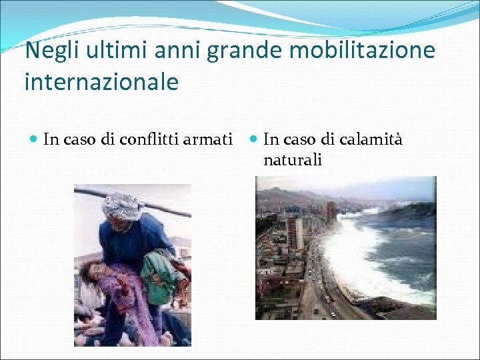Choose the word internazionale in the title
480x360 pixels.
[x=101, y=82]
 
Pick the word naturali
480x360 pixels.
[x=293, y=160]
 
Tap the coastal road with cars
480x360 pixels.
[x=323, y=293]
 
